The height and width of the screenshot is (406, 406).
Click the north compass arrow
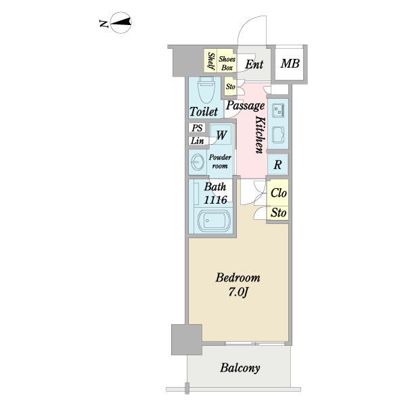coord(120,24)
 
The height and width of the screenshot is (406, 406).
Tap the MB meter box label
coord(290,64)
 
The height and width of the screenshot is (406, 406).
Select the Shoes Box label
coord(227,64)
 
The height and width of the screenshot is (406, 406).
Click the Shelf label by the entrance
coord(211,62)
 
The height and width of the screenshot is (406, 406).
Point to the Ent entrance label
coord(254,65)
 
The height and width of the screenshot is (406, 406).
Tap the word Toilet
coord(204,112)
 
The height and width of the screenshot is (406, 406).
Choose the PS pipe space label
coord(197,128)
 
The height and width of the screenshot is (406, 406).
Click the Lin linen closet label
coord(197,141)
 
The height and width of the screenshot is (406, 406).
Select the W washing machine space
coord(221,135)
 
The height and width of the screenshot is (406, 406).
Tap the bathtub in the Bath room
coord(214,219)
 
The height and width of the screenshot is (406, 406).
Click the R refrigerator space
coord(277,164)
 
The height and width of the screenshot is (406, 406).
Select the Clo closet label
coord(278,193)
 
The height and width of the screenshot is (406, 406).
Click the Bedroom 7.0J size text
coord(238,284)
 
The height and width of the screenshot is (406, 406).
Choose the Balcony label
coord(240,369)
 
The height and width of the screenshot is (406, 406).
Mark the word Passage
coord(245,106)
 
